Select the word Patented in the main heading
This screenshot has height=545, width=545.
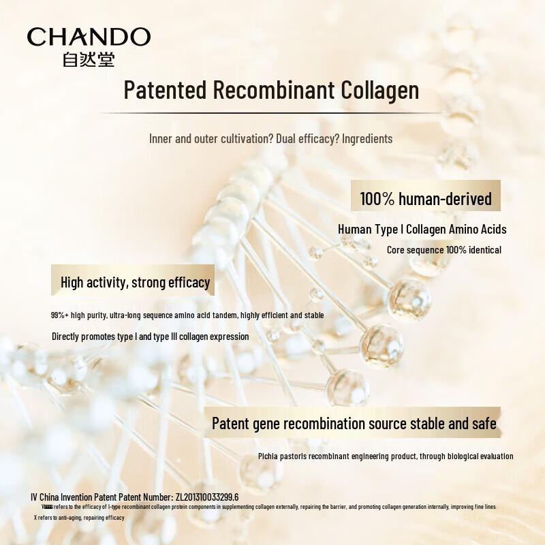coord(166,90)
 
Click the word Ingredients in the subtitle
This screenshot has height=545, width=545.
coord(367,139)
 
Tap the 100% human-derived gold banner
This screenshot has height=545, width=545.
coord(426,198)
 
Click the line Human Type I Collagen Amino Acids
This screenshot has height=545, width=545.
coord(422,230)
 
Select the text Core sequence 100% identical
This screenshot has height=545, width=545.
coord(444,250)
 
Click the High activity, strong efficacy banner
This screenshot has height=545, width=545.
coord(135,282)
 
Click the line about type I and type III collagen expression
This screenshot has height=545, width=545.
coord(151,337)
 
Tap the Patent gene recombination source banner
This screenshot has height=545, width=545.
coord(354,423)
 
